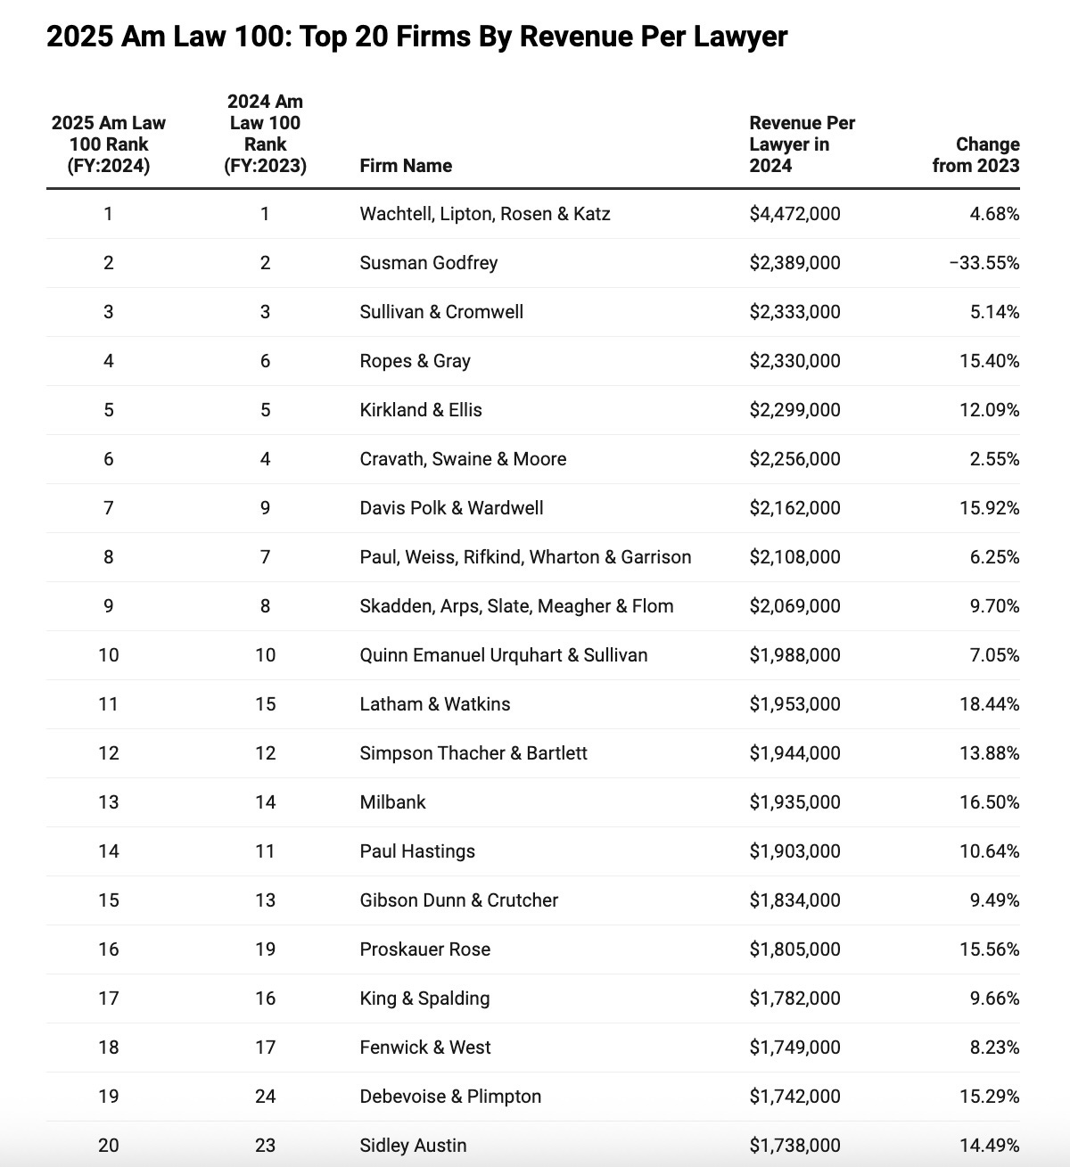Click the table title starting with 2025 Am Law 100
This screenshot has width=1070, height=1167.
(x=416, y=37)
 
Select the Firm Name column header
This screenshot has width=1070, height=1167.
(x=406, y=166)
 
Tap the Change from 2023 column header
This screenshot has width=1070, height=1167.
(x=975, y=155)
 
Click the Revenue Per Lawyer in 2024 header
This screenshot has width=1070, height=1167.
(x=802, y=144)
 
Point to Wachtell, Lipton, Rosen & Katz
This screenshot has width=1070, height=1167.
(x=485, y=214)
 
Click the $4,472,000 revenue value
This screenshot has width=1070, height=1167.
(x=794, y=214)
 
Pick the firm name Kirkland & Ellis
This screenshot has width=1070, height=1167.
(x=421, y=410)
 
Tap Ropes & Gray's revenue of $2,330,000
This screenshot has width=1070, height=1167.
(x=794, y=361)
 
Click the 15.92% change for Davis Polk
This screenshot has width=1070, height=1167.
(x=989, y=508)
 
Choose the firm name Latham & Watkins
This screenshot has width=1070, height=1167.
(x=435, y=704)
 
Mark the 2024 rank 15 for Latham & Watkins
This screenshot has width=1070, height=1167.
(x=265, y=704)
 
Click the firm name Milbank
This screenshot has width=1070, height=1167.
(x=392, y=802)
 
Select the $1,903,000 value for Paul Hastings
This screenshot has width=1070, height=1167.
(x=794, y=851)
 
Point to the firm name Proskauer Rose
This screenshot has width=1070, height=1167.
(x=425, y=949)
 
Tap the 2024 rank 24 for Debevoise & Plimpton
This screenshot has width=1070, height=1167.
(x=265, y=1097)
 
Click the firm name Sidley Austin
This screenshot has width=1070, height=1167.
(x=413, y=1146)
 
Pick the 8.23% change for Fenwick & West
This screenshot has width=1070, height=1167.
(x=994, y=1048)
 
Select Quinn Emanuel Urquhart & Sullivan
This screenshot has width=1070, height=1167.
(x=504, y=655)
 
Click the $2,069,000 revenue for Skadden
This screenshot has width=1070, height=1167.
(x=794, y=606)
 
